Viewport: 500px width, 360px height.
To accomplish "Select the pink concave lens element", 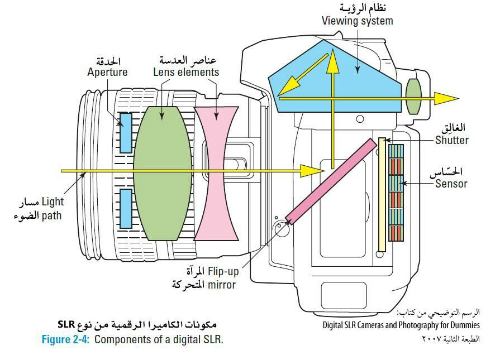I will point(216,173).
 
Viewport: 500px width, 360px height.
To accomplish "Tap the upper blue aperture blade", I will point(126,133).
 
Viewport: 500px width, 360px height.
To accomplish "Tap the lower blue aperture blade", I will point(126,208).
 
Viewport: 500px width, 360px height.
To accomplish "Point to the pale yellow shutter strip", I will point(382,195).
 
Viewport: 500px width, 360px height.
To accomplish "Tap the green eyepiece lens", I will point(413,96).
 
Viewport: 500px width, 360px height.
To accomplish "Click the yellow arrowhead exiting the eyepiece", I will point(447,98).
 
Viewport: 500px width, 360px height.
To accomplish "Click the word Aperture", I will point(107,72).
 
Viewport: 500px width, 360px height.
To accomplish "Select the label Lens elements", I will point(186,72).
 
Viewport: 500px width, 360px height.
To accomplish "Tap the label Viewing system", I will point(357,21).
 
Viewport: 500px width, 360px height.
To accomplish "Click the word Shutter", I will point(452,140).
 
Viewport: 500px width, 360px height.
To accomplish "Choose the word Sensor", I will point(451,183).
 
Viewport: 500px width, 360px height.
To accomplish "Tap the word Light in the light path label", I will point(53,201).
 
